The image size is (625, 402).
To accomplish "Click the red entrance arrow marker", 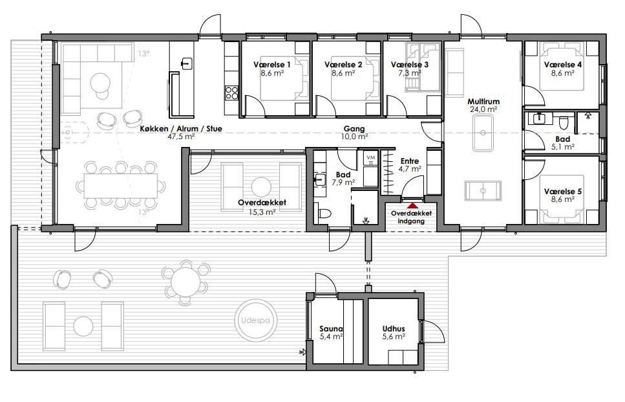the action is (x=412, y=206).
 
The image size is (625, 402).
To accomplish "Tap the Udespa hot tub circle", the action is (x=255, y=320).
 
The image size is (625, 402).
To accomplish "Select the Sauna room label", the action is (x=331, y=329).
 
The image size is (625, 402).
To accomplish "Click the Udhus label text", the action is (x=394, y=329).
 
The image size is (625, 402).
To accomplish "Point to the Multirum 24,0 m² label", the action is (x=483, y=106).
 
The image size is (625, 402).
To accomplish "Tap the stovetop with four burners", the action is (x=231, y=93).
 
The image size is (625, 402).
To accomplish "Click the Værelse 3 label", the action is (x=409, y=65).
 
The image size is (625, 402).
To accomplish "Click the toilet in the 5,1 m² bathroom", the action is (x=563, y=122).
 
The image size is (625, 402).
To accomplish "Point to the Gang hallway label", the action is (x=354, y=129).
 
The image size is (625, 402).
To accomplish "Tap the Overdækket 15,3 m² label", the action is (x=262, y=207).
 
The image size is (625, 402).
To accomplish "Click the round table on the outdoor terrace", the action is (x=185, y=281).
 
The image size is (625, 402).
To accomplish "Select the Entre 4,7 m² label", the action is (x=410, y=165).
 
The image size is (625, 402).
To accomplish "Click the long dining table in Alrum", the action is (x=120, y=186).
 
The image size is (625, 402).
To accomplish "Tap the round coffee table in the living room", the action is (x=100, y=84).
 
